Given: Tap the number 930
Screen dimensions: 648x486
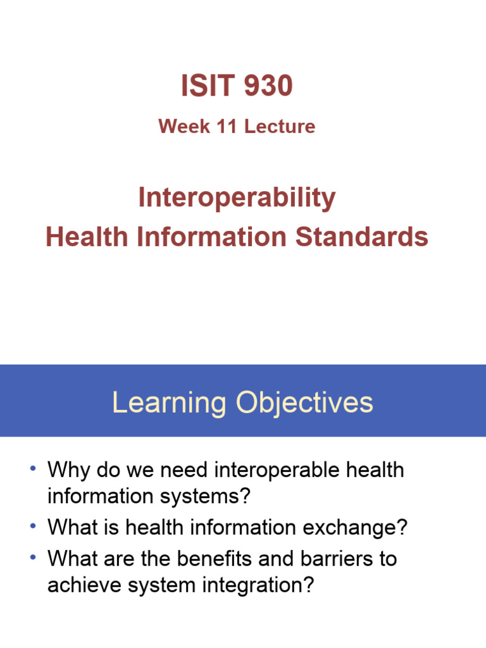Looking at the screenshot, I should coord(266,86).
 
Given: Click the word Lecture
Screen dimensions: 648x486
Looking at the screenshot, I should coord(280,127).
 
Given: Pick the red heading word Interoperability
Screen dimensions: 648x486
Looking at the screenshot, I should coord(237,199).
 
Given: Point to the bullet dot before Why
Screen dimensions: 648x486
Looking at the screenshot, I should coord(33,470).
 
